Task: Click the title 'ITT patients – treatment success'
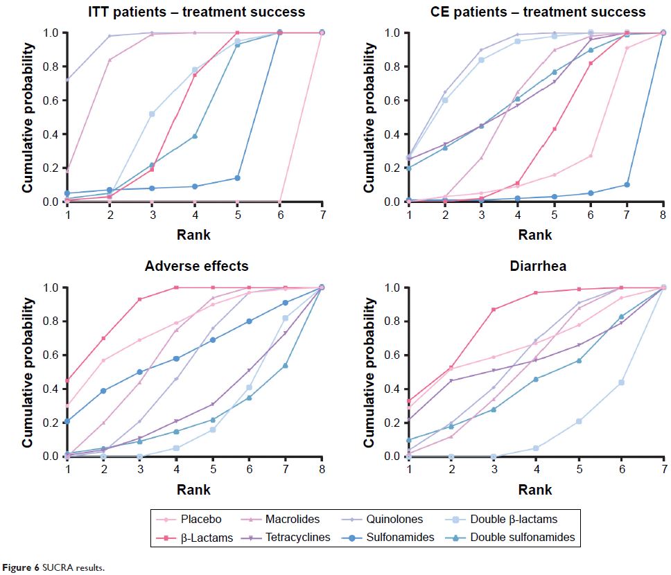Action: [196, 12]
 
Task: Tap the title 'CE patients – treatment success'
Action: [537, 12]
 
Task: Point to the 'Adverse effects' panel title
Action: [196, 266]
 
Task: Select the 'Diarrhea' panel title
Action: [537, 266]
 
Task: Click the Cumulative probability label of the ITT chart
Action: [28, 118]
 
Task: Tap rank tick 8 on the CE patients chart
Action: [663, 215]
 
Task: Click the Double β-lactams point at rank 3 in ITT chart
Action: [151, 114]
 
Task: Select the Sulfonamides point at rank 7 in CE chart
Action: [627, 185]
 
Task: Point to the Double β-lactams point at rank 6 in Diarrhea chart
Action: [622, 382]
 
